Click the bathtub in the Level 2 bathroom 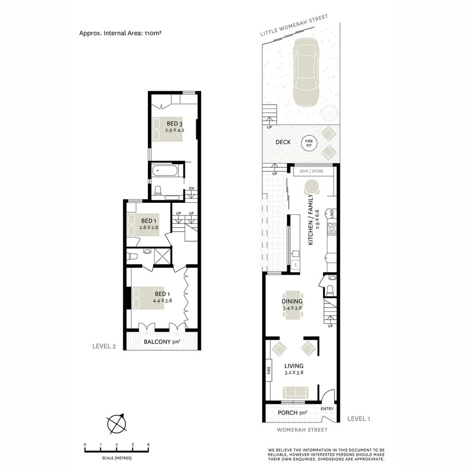[164, 171]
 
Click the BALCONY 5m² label [162, 342]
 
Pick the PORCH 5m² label [292, 413]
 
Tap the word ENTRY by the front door [327, 409]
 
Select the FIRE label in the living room [269, 370]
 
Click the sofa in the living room [296, 393]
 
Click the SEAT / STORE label [311, 171]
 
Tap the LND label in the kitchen [332, 213]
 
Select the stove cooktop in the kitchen [332, 228]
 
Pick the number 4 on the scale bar [148, 445]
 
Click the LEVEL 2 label [105, 346]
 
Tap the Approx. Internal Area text [120, 33]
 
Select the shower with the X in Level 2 [163, 255]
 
